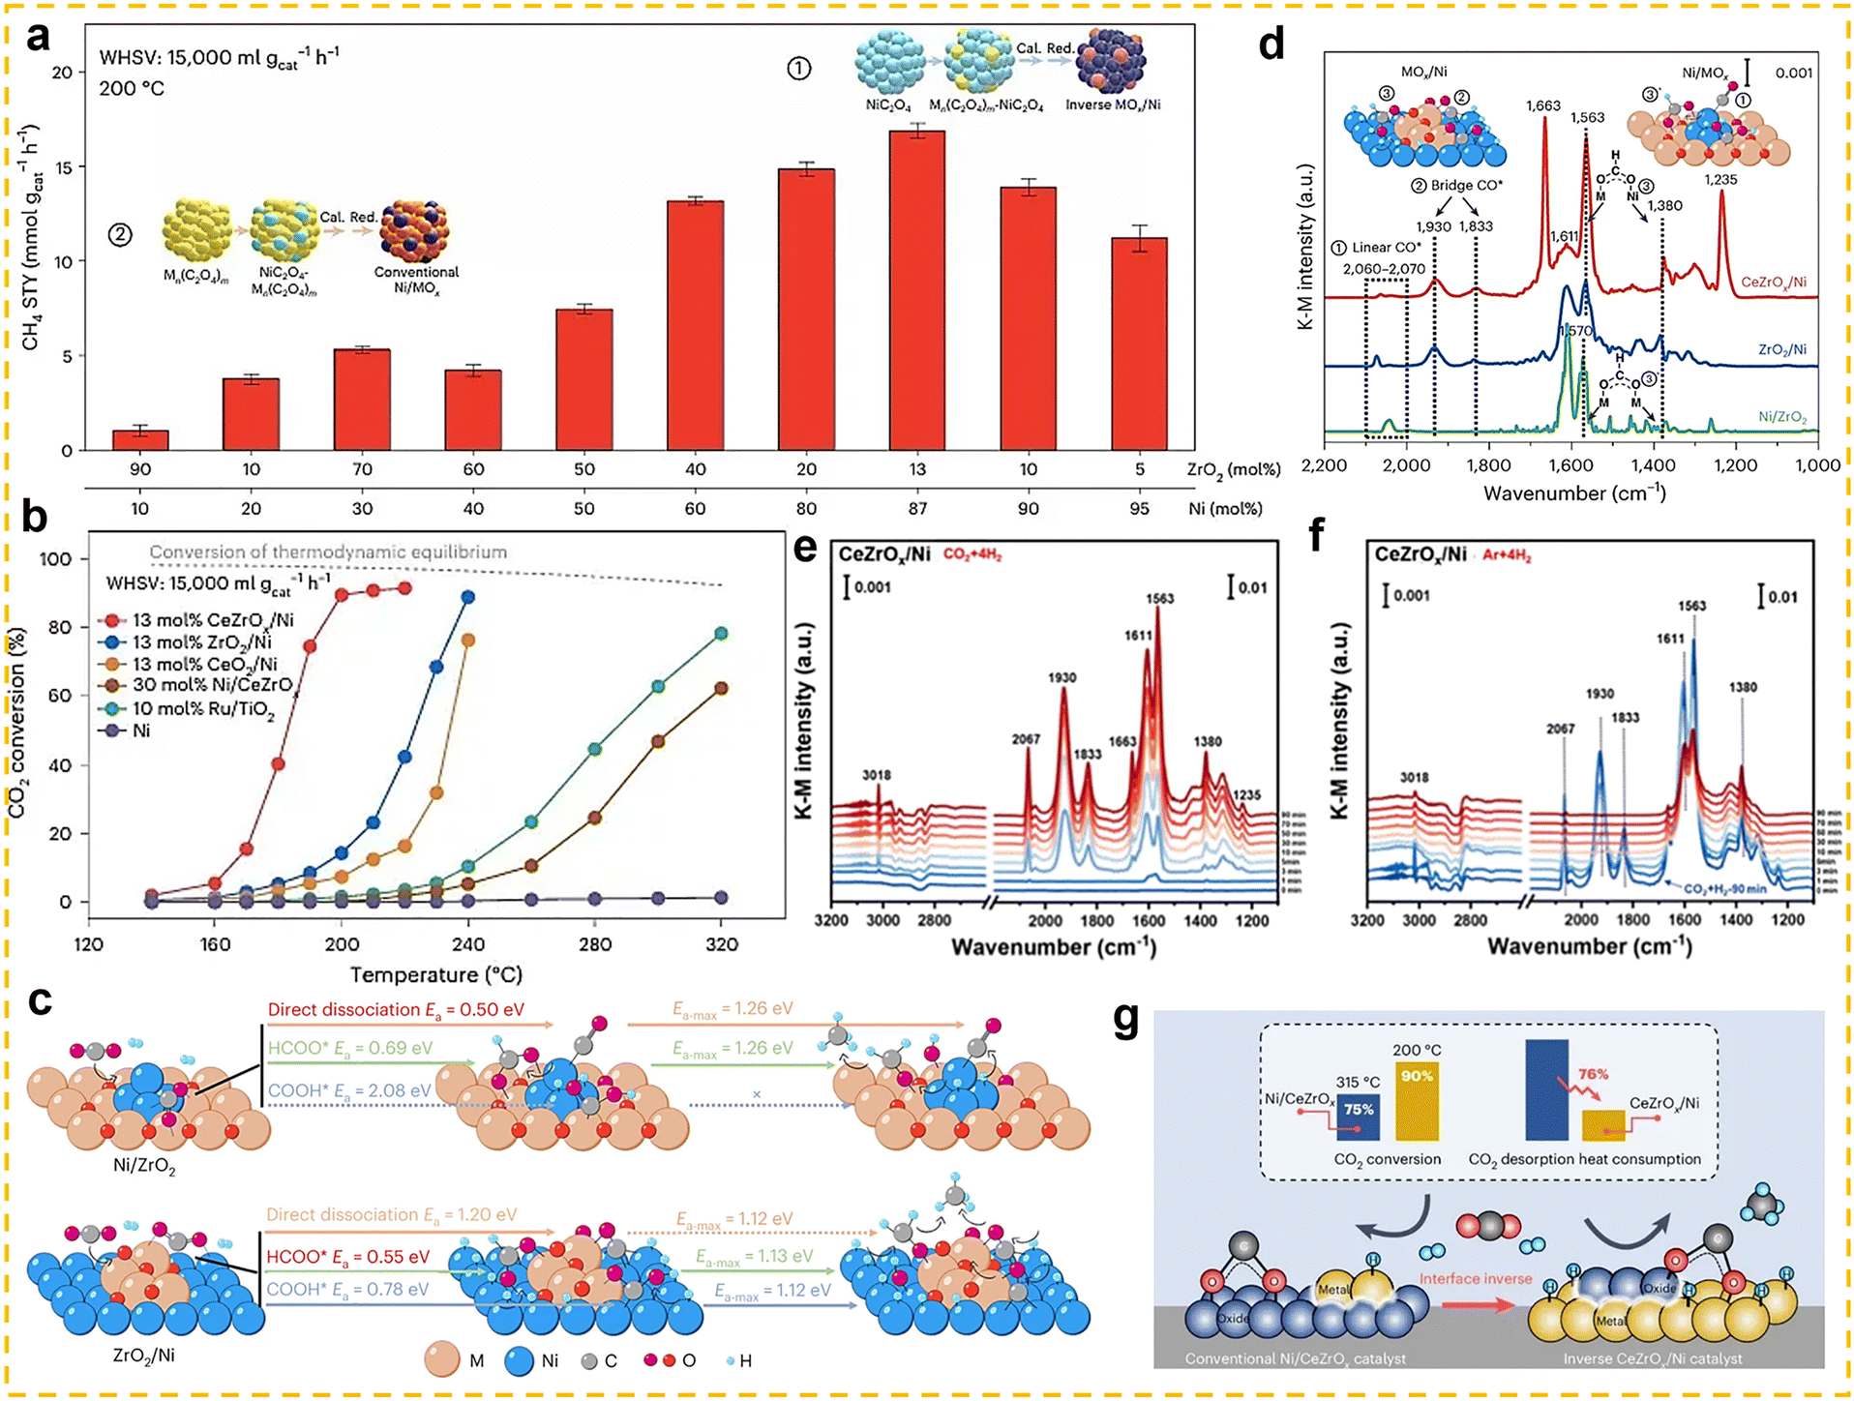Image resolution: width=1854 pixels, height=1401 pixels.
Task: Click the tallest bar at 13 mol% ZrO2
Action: click(x=916, y=290)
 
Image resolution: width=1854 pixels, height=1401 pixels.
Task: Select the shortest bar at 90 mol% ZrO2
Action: click(x=140, y=440)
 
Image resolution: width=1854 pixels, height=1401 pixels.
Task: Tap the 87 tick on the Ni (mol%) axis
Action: click(x=916, y=509)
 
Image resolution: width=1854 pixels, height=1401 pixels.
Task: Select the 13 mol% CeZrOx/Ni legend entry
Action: click(x=212, y=620)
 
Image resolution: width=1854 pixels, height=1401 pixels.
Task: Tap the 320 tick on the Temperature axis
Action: click(x=721, y=944)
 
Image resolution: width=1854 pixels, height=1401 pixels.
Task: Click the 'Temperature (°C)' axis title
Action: click(x=435, y=975)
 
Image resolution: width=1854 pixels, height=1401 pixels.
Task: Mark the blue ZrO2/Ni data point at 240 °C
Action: click(x=468, y=597)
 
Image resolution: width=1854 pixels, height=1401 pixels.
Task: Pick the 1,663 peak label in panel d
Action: click(x=1542, y=106)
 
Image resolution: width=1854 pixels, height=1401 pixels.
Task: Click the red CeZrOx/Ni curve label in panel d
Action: click(x=1773, y=283)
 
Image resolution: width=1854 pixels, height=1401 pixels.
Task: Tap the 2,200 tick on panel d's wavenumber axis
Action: click(x=1324, y=465)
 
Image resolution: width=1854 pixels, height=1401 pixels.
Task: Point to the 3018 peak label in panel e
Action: click(x=877, y=775)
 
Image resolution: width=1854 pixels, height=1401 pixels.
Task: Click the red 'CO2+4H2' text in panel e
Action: click(x=972, y=555)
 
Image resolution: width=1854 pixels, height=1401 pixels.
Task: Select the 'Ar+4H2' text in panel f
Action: click(x=1507, y=556)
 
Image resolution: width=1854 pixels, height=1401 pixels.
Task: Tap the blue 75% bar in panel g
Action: click(x=1358, y=1118)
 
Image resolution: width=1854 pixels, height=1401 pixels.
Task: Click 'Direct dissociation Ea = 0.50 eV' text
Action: click(x=396, y=1010)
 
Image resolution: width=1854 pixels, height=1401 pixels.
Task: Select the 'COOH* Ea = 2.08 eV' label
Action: click(x=349, y=1091)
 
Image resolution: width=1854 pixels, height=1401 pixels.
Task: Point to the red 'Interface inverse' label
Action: click(x=1475, y=1279)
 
